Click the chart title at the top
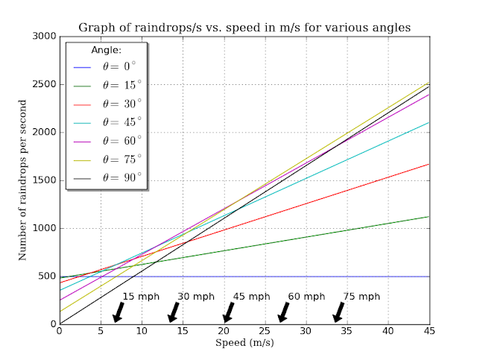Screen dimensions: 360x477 [x=244, y=28]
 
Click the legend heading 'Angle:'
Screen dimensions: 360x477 [x=106, y=50]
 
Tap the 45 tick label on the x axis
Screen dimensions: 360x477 [x=429, y=332]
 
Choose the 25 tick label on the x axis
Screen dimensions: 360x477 [x=265, y=332]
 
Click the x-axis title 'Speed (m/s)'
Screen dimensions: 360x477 [x=244, y=344]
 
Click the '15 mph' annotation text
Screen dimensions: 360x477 [x=139, y=297]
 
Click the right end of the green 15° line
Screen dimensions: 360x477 [x=428, y=216]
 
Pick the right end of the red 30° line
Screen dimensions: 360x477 [x=428, y=164]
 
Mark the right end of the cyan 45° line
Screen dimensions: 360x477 [x=428, y=122]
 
